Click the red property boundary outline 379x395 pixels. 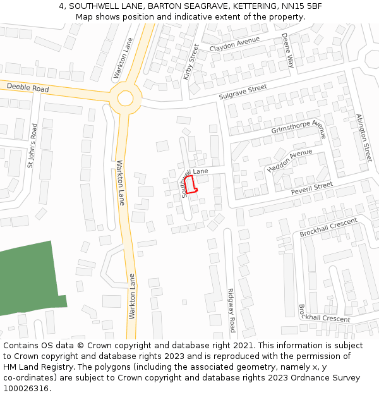(192, 184)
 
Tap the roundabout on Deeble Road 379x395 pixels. (125, 98)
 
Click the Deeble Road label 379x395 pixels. (28, 88)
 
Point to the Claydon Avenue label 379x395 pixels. (234, 44)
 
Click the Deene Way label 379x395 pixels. (289, 51)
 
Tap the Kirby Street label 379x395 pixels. (191, 61)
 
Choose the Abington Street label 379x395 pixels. (364, 137)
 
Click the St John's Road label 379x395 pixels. (32, 145)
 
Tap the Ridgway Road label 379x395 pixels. (231, 310)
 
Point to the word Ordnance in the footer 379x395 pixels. (304, 377)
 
